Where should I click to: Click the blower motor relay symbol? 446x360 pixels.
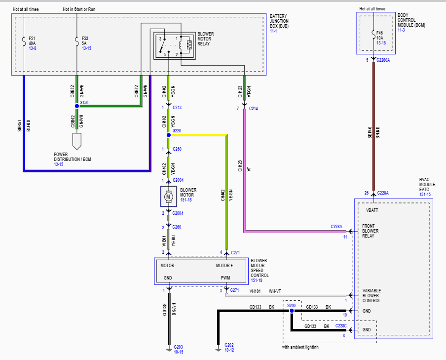173,45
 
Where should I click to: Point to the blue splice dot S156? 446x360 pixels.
76,106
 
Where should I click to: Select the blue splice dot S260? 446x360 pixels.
292,311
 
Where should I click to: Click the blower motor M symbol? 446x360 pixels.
168,197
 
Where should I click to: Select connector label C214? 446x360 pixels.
254,108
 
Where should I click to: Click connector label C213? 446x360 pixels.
177,107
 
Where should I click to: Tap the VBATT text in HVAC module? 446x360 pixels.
372,210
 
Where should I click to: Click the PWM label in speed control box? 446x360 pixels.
225,278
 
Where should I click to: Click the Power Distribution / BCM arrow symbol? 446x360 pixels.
76,142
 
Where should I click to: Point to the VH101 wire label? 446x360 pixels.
255,291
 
